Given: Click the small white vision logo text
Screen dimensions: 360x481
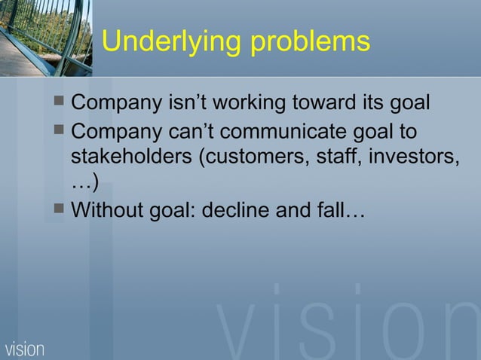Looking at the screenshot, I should click(x=25, y=349).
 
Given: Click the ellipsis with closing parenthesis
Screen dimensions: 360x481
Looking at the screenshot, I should click(x=84, y=183).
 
